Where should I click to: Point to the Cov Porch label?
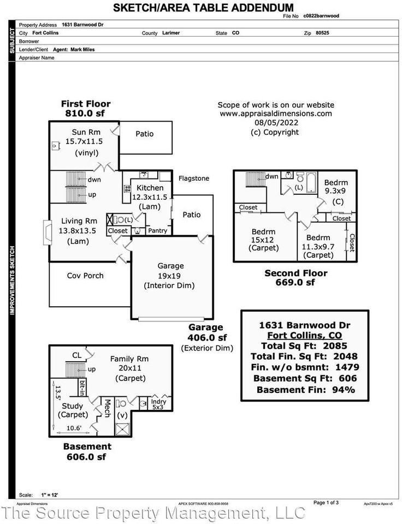click(85, 276)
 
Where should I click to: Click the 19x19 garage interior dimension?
click(169, 276)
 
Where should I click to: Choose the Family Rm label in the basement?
click(129, 359)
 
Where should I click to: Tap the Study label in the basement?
click(73, 406)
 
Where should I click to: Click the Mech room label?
click(108, 408)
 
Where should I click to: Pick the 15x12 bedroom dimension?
click(263, 239)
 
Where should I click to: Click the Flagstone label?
click(194, 178)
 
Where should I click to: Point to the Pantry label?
click(158, 231)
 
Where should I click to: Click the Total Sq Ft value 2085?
click(335, 346)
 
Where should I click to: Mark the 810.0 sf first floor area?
click(85, 114)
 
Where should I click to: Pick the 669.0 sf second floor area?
click(295, 283)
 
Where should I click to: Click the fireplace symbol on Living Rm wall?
click(46, 227)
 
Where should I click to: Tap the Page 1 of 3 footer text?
click(326, 502)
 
